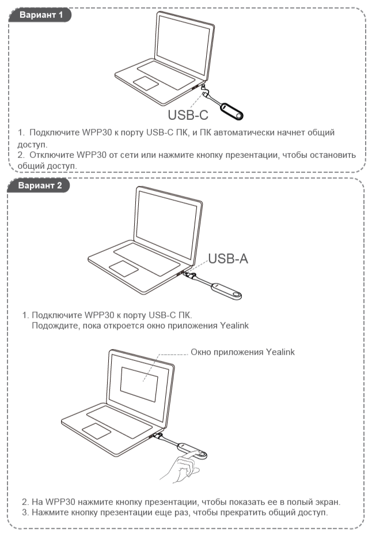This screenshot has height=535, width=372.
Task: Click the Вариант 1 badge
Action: tap(40, 15)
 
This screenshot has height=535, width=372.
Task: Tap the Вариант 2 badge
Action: tap(39, 186)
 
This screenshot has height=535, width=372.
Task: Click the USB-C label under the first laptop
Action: tap(188, 115)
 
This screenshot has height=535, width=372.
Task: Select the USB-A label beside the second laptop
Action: tap(228, 259)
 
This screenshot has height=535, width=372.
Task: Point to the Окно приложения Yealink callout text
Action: tap(242, 352)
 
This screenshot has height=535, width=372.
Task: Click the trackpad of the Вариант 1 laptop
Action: tap(146, 83)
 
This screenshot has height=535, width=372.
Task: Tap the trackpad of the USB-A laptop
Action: tap(124, 269)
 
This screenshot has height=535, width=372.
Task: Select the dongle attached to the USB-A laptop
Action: tap(226, 291)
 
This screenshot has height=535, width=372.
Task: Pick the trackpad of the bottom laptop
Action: tap(97, 431)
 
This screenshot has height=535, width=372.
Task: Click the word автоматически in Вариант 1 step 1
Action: tap(244, 133)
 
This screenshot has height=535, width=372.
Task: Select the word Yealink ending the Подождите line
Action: tap(234, 326)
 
